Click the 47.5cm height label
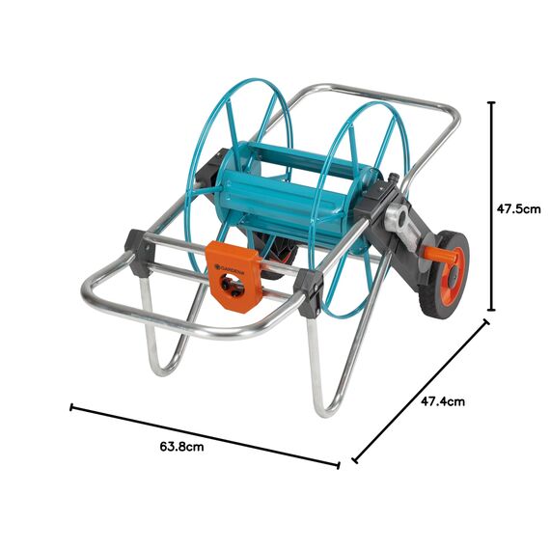(x=518, y=207)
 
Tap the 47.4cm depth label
(x=444, y=400)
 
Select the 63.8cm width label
(x=181, y=447)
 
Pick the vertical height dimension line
(x=492, y=206)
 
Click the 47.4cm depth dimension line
(x=421, y=391)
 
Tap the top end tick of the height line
(x=492, y=101)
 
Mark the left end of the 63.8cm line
(x=71, y=407)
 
